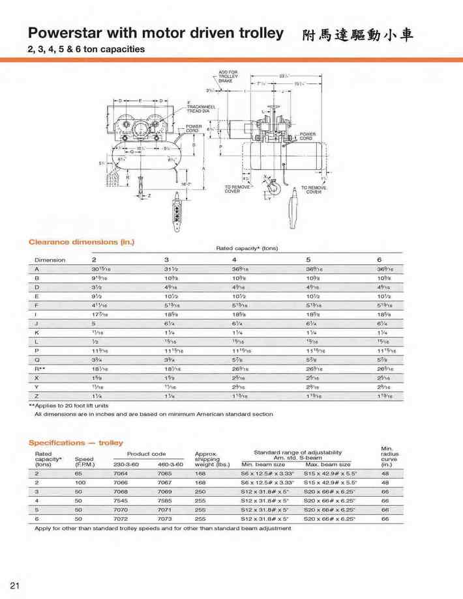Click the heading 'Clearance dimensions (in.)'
tap(81, 242)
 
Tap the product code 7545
tap(122, 501)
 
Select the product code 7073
tap(164, 519)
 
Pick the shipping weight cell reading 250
tap(200, 492)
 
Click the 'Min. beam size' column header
tap(263, 464)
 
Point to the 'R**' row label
tap(40, 369)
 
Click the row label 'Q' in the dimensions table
tap(37, 359)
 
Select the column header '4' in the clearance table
tap(234, 260)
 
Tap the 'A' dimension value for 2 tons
tap(100, 269)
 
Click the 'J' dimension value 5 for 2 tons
tap(93, 323)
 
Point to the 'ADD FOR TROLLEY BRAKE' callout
tap(228, 76)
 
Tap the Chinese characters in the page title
tap(358, 35)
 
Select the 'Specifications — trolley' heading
tap(76, 443)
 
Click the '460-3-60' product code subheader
tap(170, 464)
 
